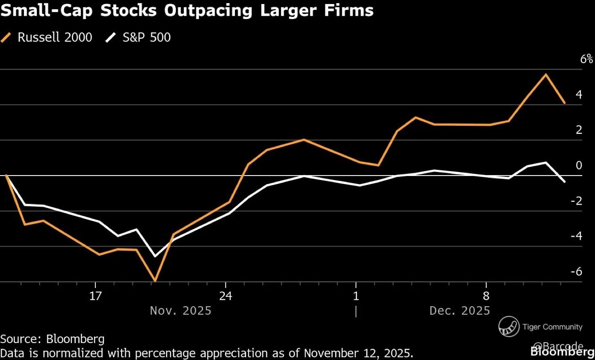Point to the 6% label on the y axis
[587, 59]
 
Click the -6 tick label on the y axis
[576, 271]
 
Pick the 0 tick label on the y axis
[579, 165]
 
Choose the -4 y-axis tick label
[576, 236]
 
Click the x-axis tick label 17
[95, 296]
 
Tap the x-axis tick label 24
[226, 296]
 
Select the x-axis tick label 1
[356, 296]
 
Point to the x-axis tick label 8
[486, 296]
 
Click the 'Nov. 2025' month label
[181, 311]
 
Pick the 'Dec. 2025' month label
[460, 311]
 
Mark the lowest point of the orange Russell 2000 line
[155, 280]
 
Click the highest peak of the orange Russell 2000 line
[546, 74]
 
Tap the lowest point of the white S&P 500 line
[155, 256]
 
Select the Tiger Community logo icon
[508, 326]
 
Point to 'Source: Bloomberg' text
[52, 339]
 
